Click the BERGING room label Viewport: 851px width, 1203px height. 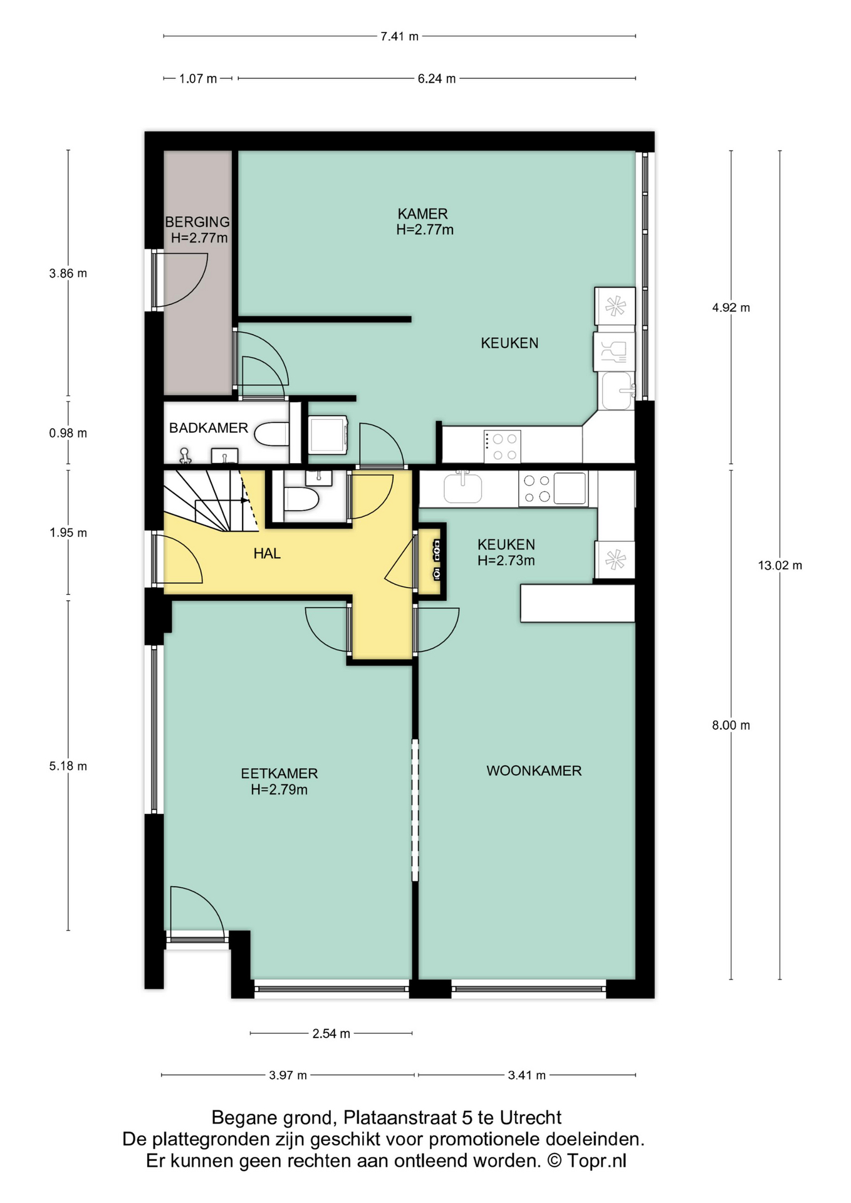coord(197,222)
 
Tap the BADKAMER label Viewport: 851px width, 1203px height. coord(209,428)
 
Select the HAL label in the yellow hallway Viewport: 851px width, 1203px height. coord(267,553)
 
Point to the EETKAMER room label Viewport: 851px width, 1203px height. coord(279,774)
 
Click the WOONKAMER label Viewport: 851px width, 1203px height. coord(534,771)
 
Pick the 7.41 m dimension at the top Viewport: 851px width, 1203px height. coord(400,36)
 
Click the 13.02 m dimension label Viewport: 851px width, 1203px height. coord(780,565)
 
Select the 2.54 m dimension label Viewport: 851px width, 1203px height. coord(332,1034)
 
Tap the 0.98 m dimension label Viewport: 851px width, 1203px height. coord(68,433)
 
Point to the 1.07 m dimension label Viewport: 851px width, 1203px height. coord(198,79)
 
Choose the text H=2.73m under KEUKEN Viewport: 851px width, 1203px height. coord(506,561)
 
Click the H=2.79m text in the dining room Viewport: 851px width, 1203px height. coord(279,790)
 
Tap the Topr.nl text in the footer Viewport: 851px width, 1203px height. coord(597,1160)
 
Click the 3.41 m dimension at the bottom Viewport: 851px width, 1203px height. coord(527,1075)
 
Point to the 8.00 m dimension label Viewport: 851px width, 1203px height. coord(731,725)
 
